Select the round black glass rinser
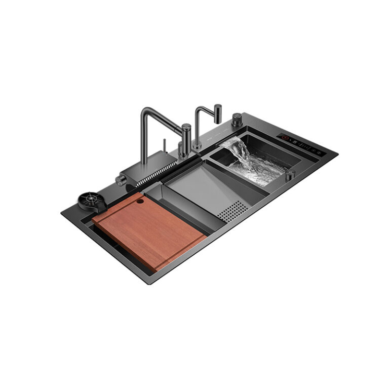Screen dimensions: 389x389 pos(92,198)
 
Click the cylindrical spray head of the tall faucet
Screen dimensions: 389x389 pos(186,134)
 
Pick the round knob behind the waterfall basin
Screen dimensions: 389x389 pos(237,120)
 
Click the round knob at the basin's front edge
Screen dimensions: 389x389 pos(290,174)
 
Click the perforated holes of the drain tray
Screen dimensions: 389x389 pos(233,209)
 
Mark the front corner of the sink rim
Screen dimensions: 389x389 pos(150,282)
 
